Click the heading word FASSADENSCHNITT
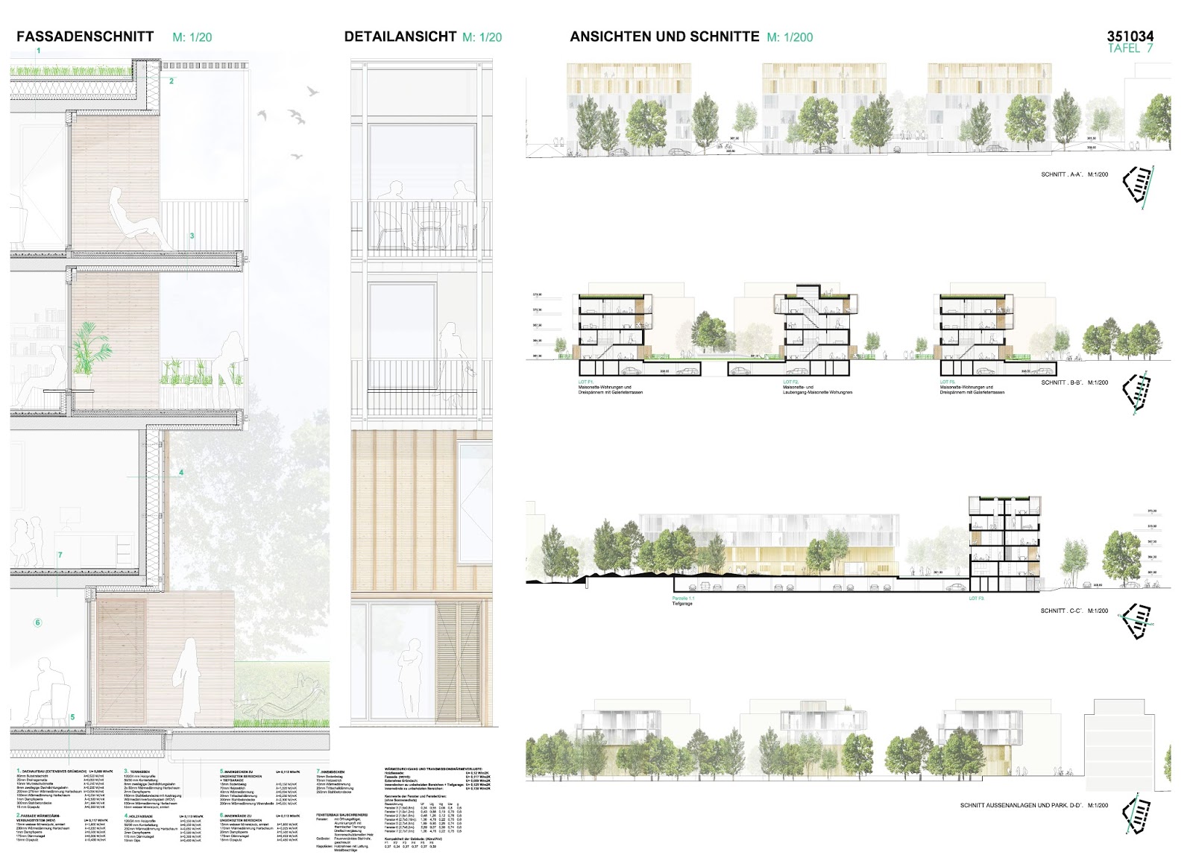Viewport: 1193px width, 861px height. click(85, 37)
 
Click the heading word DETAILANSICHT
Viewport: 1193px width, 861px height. click(400, 37)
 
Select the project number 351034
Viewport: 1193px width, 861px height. click(1130, 36)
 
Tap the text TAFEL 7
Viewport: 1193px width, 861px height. click(1130, 48)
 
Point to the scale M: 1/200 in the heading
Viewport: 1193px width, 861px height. click(790, 37)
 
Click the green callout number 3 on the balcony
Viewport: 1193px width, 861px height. click(192, 236)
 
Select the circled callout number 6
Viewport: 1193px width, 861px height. click(38, 622)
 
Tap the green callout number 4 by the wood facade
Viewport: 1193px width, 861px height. click(181, 473)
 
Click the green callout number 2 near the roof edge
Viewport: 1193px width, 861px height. click(171, 81)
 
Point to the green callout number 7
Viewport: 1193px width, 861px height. click(60, 555)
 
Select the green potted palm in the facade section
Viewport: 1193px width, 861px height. click(88, 350)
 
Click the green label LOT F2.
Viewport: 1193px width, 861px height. click(790, 382)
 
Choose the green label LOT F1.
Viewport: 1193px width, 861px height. click(585, 382)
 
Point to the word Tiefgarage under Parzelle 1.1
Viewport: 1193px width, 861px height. click(682, 604)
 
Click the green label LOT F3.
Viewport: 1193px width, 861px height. click(976, 599)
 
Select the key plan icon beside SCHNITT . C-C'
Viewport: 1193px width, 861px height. click(1139, 621)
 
